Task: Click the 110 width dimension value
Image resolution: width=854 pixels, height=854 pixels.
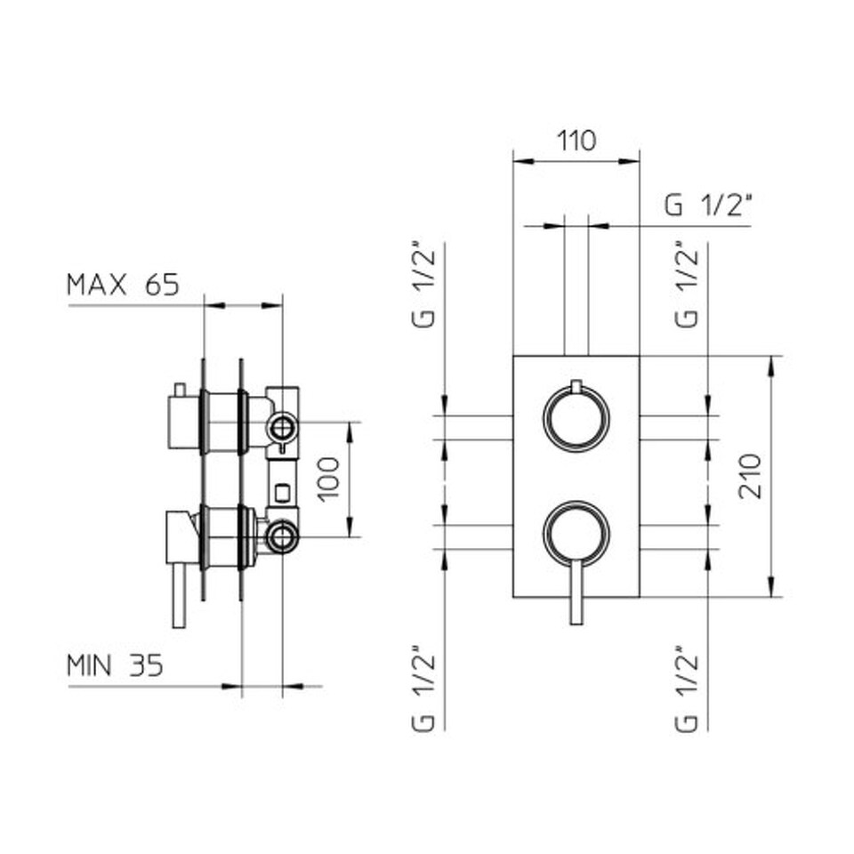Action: coord(576,141)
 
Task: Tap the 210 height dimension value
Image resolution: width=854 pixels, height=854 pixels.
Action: coord(750,475)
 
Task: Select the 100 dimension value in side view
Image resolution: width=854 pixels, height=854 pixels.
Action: coord(328,479)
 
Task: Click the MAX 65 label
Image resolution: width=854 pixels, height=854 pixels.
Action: coord(123,285)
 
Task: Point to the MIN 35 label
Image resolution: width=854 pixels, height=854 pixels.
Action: coord(115,665)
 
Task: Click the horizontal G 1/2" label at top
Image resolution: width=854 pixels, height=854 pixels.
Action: coord(708,205)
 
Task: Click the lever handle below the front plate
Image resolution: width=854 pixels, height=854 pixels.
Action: coord(576,593)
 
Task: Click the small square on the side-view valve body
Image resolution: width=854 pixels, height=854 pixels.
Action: coord(282,492)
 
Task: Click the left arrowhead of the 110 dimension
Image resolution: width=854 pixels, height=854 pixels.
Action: coord(524,161)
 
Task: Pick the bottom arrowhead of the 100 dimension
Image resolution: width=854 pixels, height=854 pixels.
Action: coord(350,526)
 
